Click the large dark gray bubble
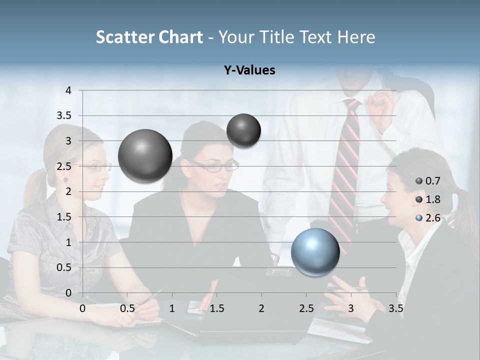click(145, 156)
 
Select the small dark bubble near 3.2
click(243, 130)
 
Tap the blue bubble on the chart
click(315, 252)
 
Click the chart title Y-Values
click(249, 70)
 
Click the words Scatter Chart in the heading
click(149, 37)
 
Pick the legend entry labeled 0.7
click(427, 181)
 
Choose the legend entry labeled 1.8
click(427, 199)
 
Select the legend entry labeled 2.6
click(427, 218)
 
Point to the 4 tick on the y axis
click(68, 90)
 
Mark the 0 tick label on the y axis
click(68, 293)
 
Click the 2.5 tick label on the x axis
click(306, 308)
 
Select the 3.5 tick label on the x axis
click(395, 308)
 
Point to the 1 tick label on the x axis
click(172, 308)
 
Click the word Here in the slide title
click(356, 37)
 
